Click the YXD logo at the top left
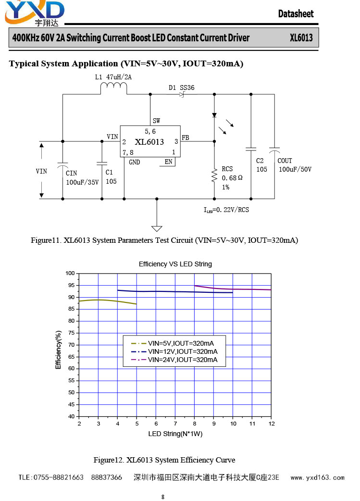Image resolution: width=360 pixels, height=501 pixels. tap(35, 13)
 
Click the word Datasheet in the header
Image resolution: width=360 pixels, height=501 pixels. tap(296, 14)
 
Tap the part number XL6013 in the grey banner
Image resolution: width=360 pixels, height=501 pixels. tap(301, 38)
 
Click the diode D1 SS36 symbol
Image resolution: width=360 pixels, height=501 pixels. tap(182, 94)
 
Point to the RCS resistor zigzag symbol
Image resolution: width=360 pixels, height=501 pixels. tap(214, 176)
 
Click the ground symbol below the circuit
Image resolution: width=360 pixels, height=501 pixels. tap(157, 228)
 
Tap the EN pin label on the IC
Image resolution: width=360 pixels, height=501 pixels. tap(168, 162)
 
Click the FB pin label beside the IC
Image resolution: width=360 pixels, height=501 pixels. tap(185, 138)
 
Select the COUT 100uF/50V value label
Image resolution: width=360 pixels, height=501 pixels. tap(295, 169)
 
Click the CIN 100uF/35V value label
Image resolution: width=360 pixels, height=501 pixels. tap(82, 182)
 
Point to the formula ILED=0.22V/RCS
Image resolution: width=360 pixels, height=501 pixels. tap(226, 210)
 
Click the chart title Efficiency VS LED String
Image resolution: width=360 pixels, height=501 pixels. tap(175, 264)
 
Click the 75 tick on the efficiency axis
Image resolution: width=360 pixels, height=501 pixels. tap(71, 333)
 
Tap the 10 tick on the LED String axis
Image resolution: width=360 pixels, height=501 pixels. tap(233, 424)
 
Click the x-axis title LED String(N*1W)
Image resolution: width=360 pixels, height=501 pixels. tap(175, 434)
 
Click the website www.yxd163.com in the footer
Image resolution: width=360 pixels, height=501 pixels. tap(318, 477)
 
